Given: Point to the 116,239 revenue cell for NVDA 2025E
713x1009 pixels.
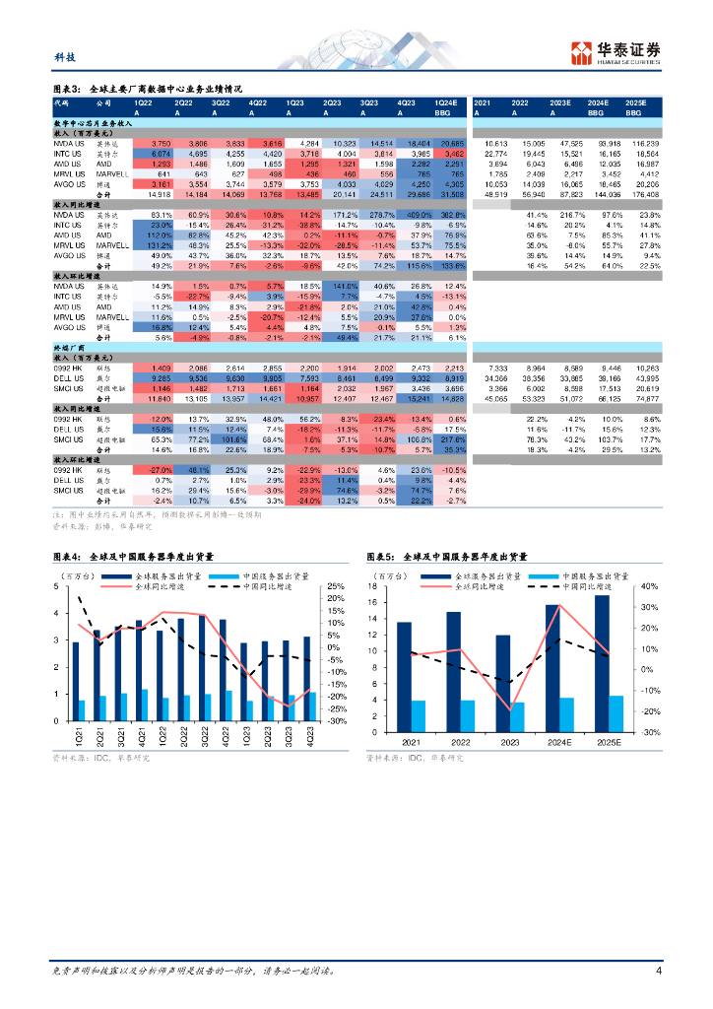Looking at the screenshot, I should (633, 144).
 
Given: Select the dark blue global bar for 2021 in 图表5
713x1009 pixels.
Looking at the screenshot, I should (404, 677).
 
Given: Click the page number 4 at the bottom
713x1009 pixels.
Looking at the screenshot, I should (658, 971).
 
